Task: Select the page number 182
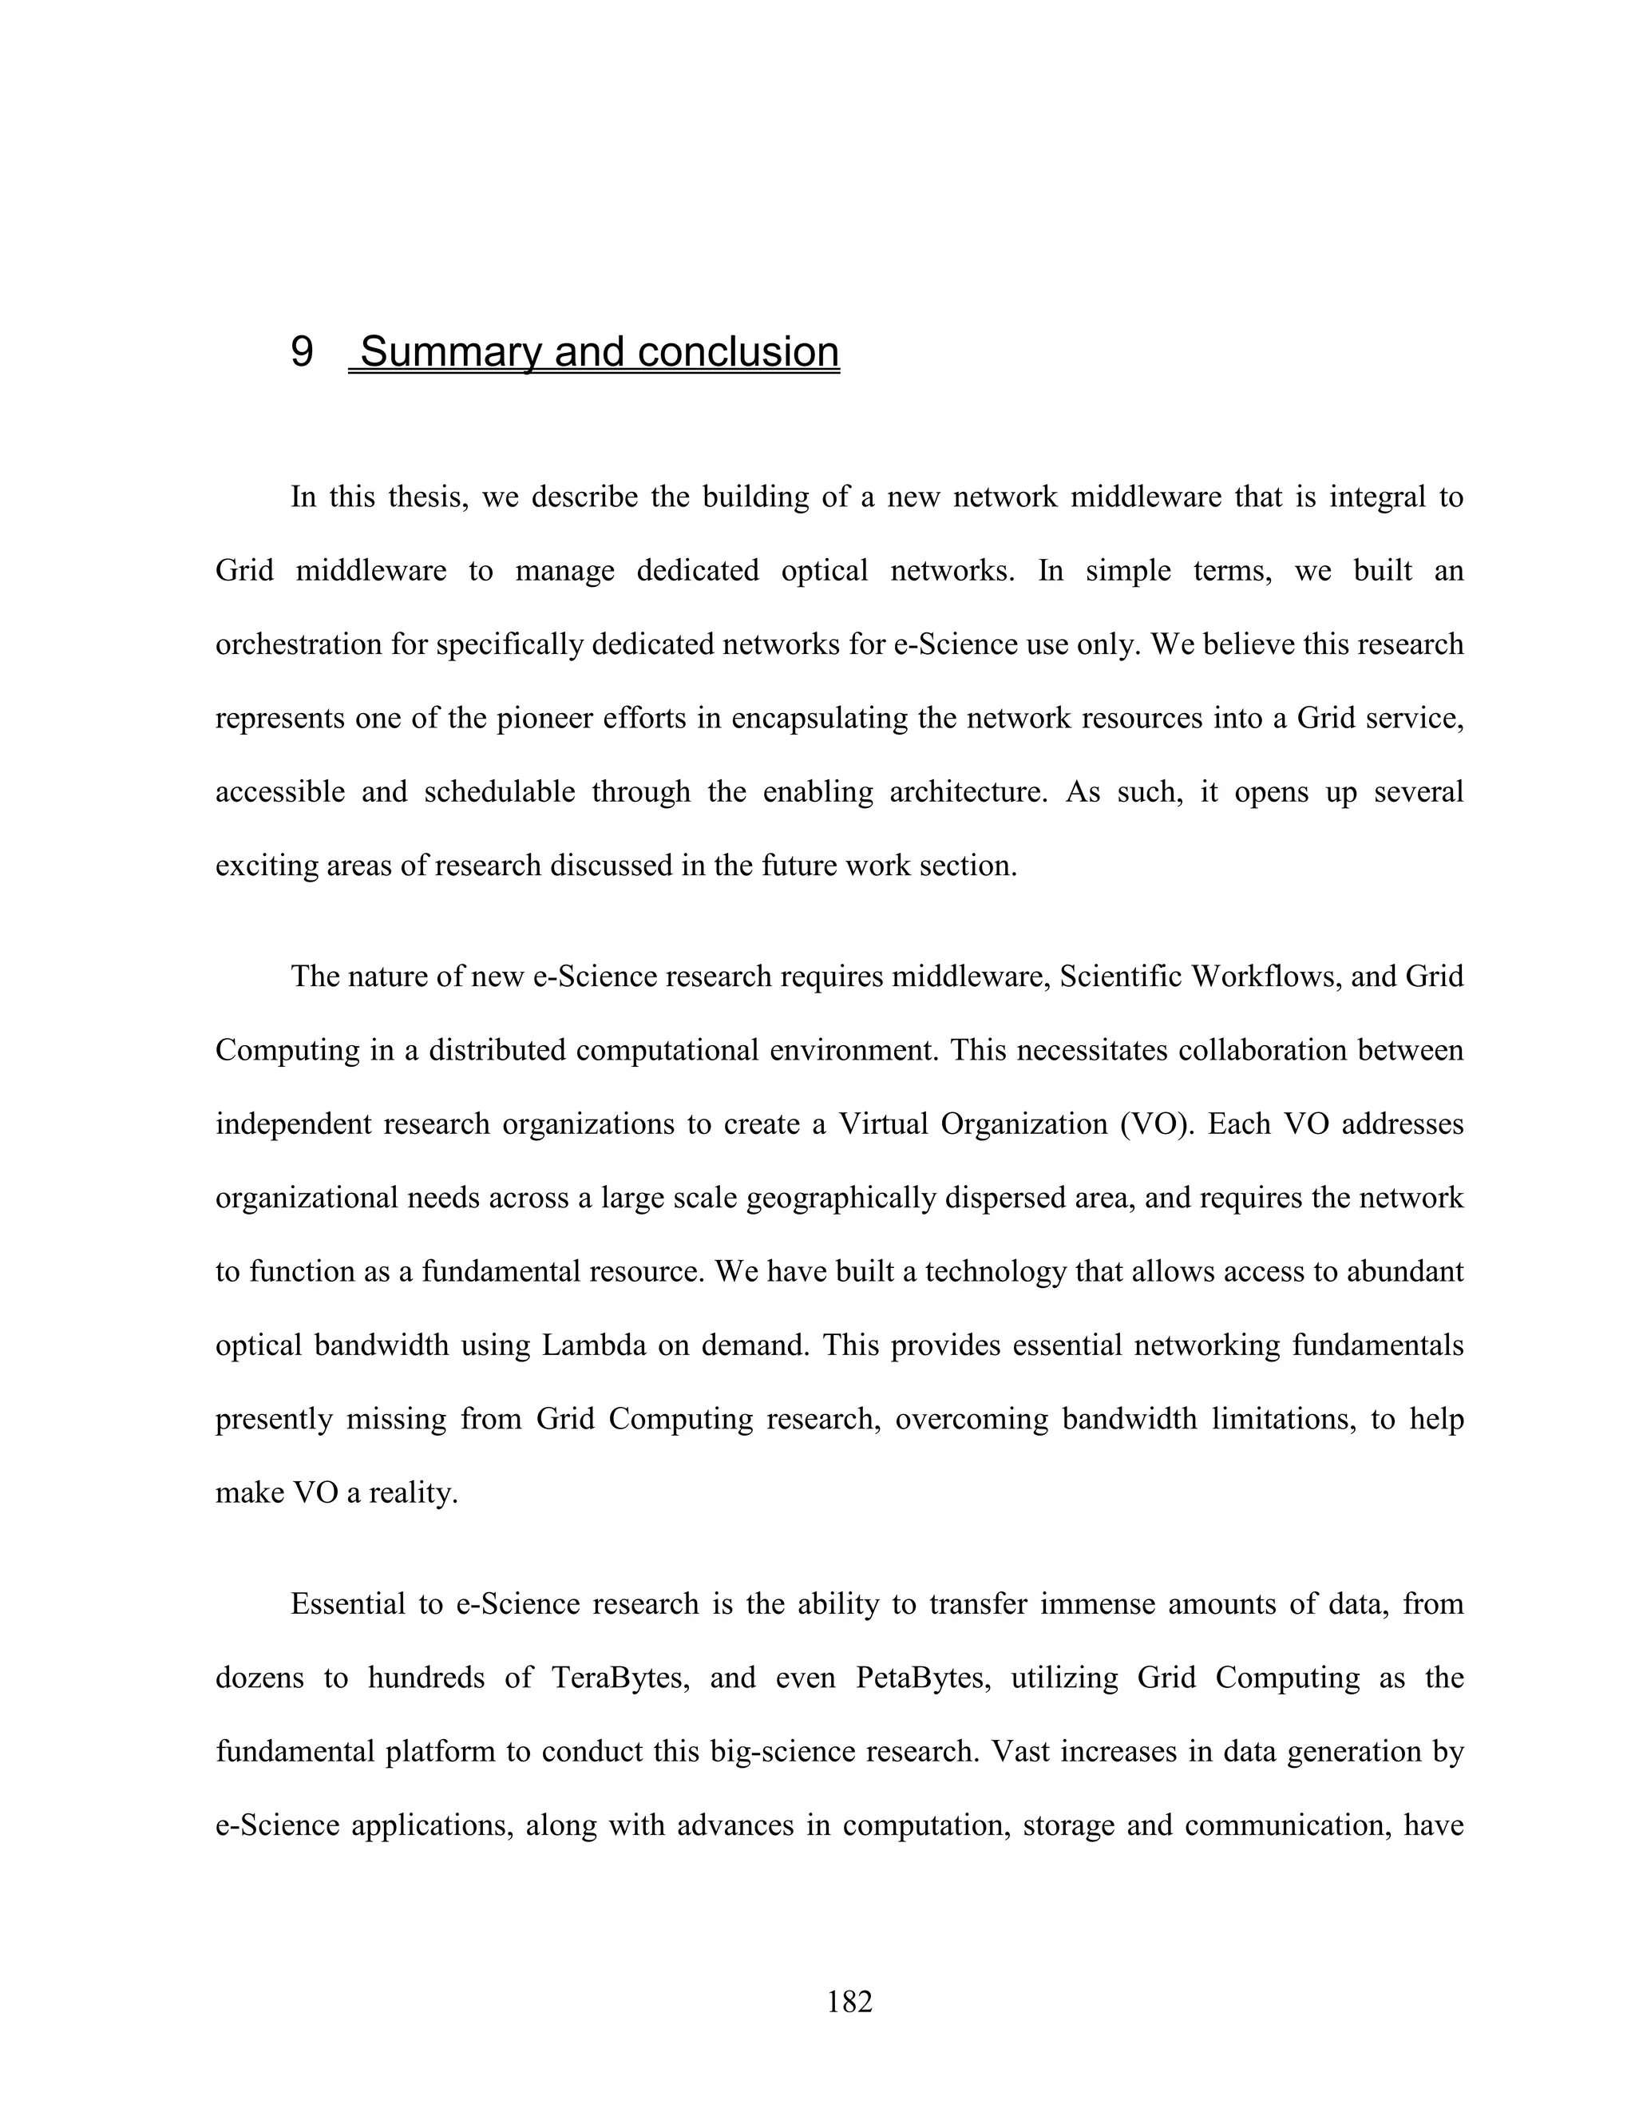[x=849, y=2002]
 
